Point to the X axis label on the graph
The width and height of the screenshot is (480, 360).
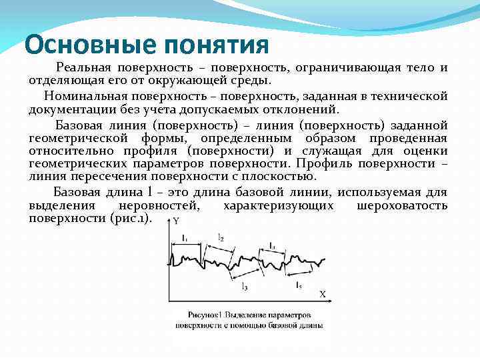[322, 293]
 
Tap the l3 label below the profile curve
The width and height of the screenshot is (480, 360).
[245, 287]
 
